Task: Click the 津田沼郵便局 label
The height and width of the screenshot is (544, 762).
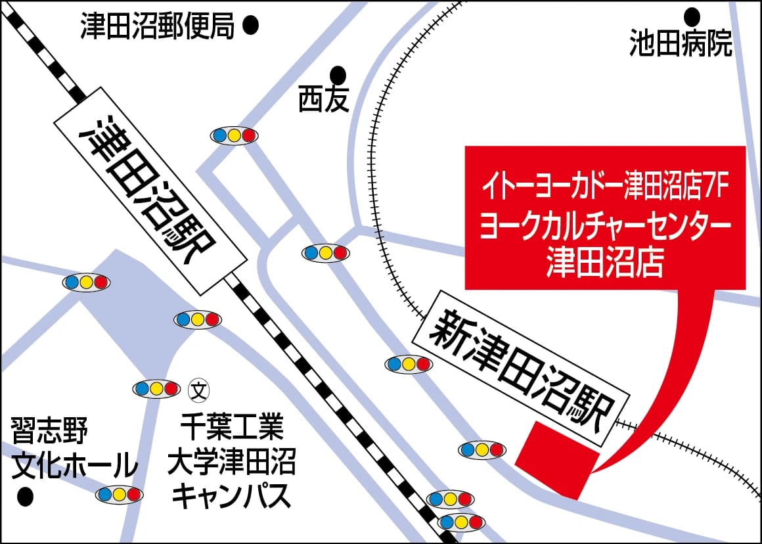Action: (157, 28)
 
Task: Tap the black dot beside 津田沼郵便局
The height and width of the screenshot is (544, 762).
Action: (250, 26)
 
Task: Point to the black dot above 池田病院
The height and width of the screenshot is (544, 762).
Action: (692, 14)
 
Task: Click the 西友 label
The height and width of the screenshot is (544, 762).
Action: (323, 100)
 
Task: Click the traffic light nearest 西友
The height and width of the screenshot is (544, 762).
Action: (233, 135)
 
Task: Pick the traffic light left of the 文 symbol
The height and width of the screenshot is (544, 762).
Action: (156, 389)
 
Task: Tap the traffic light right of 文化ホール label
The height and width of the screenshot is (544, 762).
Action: (119, 494)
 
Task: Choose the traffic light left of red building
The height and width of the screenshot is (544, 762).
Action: (482, 450)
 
